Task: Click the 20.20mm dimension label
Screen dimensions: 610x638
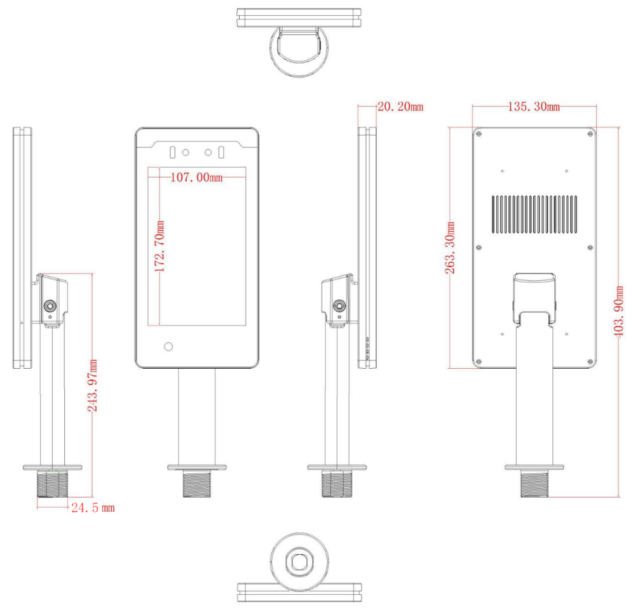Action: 400,107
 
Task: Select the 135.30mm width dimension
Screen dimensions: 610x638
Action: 534,107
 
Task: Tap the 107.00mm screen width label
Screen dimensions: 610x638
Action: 196,178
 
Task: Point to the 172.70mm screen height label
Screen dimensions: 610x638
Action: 160,246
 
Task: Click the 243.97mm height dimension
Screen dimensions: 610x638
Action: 93,385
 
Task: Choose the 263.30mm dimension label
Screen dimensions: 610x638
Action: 451,248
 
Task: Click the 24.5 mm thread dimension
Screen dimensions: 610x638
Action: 92,508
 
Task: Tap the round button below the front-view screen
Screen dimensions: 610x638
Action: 168,347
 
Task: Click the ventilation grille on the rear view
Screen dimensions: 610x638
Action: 534,214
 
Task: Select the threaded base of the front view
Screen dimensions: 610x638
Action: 196,484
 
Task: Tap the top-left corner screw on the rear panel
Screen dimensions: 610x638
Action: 478,133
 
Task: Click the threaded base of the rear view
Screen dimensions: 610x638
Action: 534,484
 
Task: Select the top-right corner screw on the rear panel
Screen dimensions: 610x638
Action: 590,133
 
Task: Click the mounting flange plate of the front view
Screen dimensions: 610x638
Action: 196,468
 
